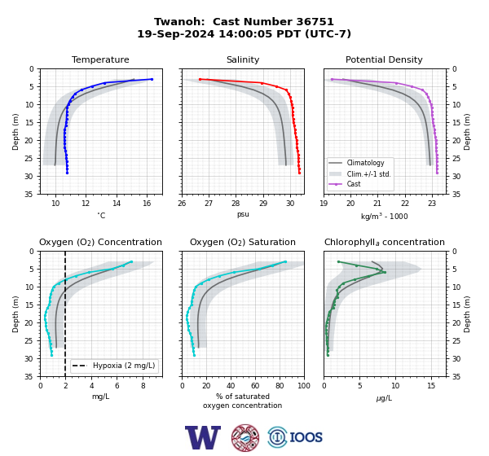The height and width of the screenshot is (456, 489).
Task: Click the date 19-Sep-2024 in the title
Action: [176, 33]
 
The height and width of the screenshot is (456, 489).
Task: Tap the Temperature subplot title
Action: [100, 59]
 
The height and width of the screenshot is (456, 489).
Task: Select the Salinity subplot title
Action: [243, 59]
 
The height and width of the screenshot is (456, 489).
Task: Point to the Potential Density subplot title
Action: [384, 59]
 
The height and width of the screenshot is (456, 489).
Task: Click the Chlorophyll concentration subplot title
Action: [385, 242]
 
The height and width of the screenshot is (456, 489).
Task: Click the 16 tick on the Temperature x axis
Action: [147, 204]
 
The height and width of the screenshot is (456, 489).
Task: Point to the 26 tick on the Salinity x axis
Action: [182, 204]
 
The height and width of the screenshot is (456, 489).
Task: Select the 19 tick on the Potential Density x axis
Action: [324, 204]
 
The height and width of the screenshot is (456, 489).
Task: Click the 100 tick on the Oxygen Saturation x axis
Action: [304, 386]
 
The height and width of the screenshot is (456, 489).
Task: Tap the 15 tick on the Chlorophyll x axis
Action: [431, 386]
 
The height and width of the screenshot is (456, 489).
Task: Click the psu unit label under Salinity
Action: [243, 214]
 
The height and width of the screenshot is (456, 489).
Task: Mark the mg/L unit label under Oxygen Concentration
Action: [101, 397]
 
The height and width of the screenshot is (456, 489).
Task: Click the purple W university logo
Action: [203, 437]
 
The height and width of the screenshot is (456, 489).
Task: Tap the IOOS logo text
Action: [306, 437]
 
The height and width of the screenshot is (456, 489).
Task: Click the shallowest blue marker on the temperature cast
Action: [152, 79]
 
